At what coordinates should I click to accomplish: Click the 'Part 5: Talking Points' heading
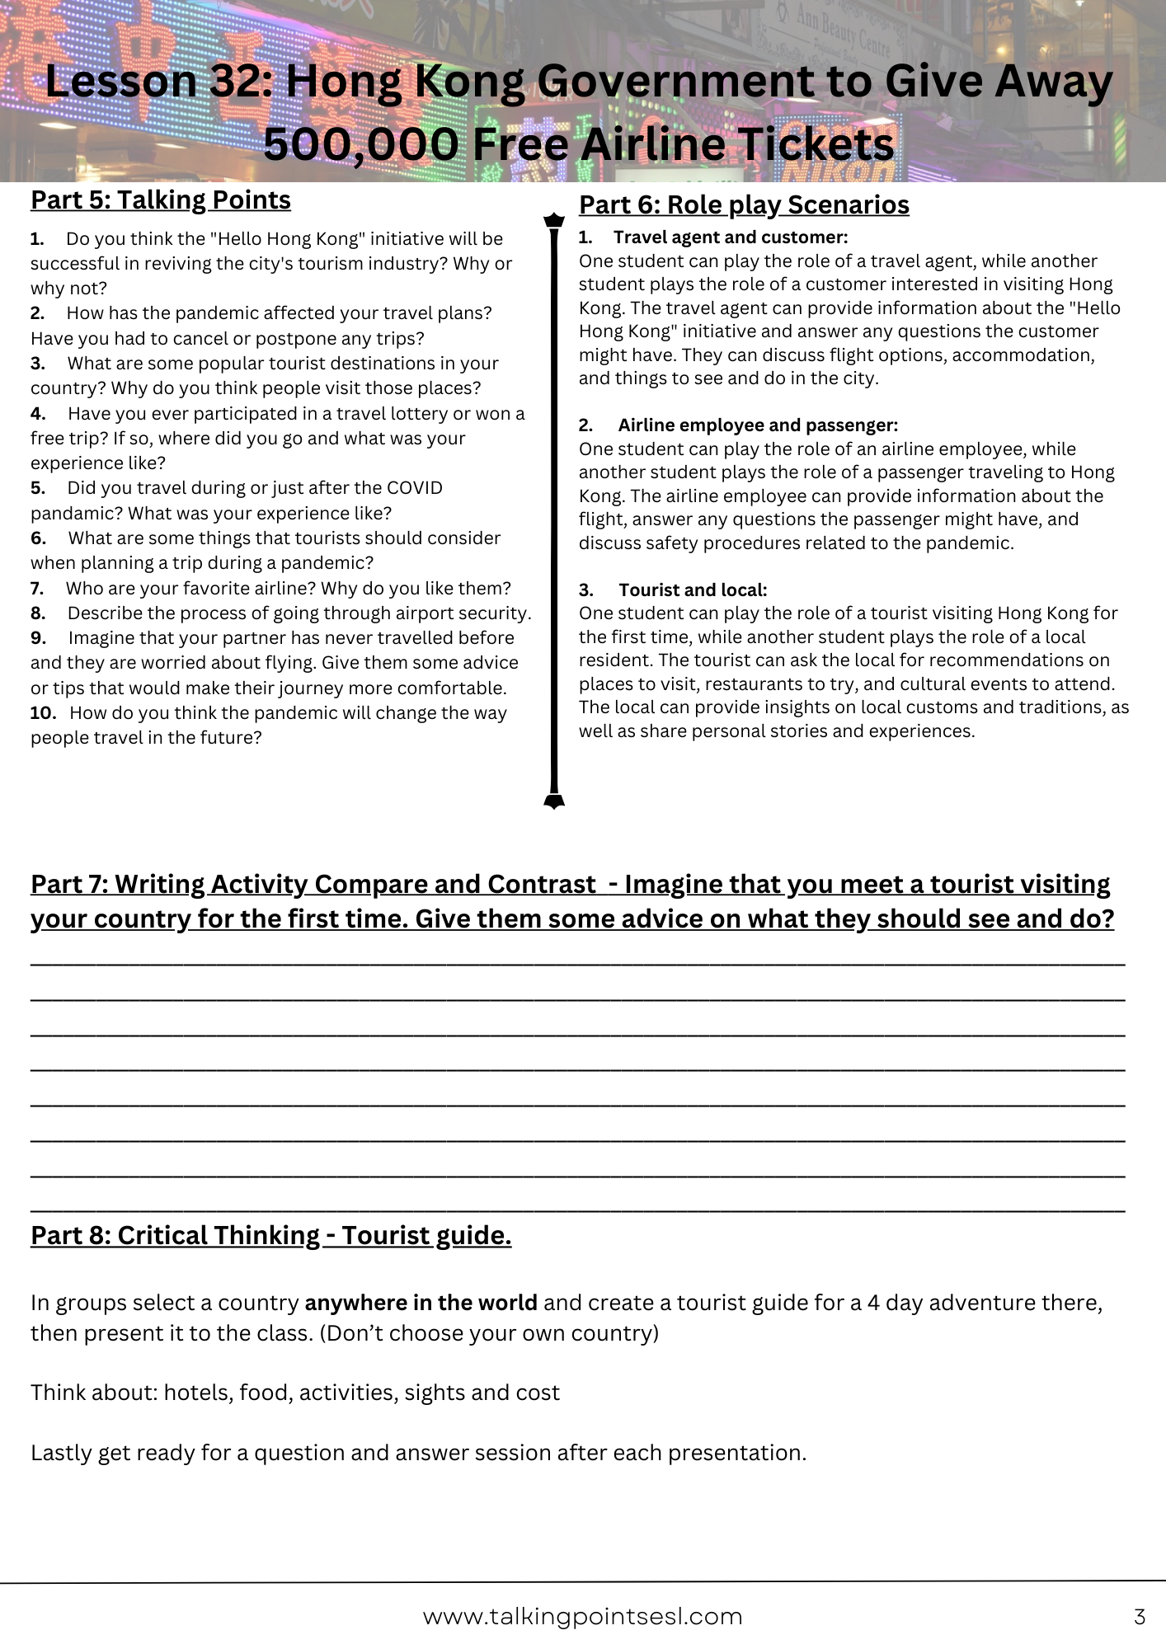point(161,200)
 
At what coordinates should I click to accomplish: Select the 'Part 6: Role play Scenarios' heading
point(744,205)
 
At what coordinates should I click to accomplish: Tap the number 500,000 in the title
point(360,144)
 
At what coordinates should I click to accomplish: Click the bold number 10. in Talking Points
point(43,713)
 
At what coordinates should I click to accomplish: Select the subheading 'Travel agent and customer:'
point(730,237)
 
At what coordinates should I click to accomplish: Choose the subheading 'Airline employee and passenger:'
point(758,425)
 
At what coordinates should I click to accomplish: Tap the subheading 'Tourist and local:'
point(693,590)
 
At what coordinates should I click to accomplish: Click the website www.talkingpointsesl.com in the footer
point(582,1617)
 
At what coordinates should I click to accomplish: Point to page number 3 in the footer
point(1140,1617)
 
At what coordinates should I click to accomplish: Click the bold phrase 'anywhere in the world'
point(421,1303)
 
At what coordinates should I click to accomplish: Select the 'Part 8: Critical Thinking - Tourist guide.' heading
point(271,1236)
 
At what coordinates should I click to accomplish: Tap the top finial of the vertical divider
point(554,220)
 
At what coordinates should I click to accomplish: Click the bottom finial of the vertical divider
point(554,801)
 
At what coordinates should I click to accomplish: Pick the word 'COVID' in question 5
point(414,488)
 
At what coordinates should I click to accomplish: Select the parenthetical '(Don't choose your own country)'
point(489,1333)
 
